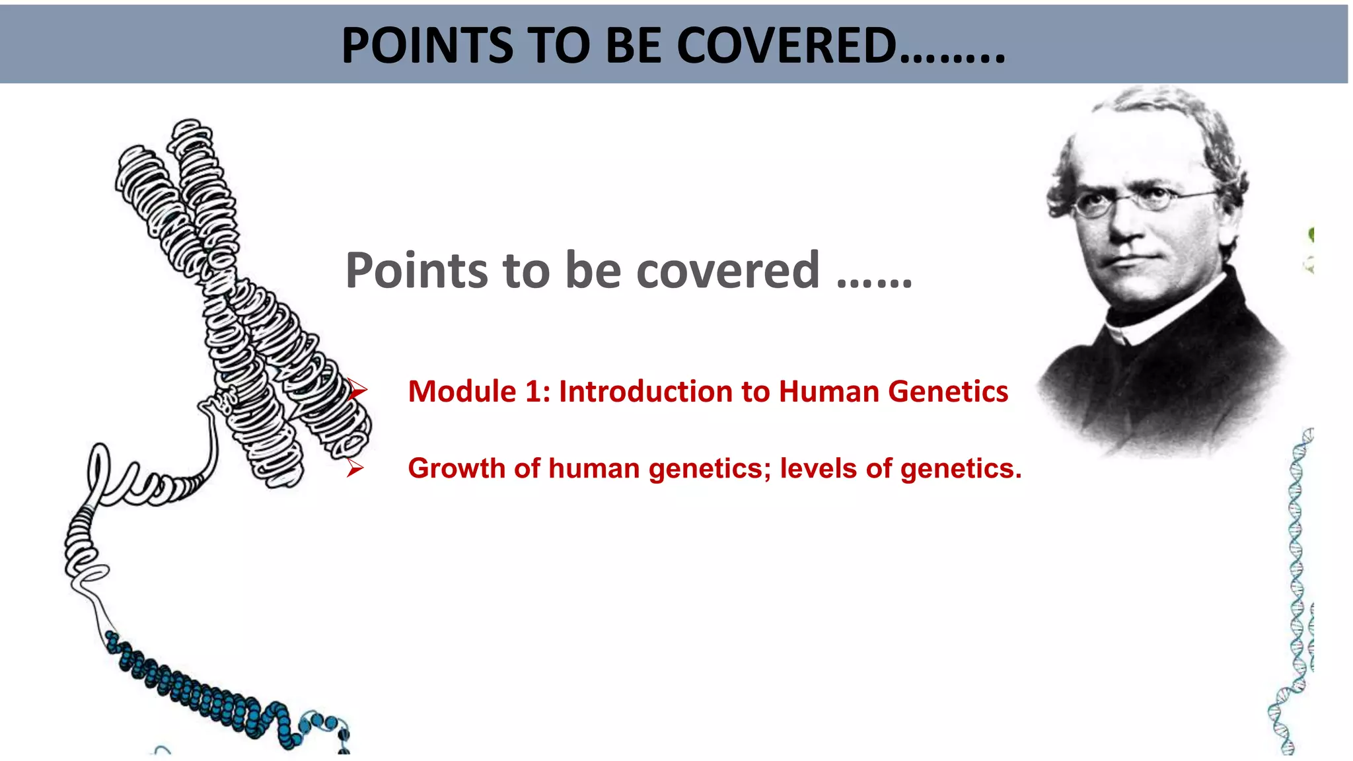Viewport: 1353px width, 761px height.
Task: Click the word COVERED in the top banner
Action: point(786,46)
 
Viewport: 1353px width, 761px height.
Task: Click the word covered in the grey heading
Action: point(727,271)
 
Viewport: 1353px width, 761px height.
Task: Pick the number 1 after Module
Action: point(534,392)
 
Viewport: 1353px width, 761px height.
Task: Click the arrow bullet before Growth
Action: point(355,468)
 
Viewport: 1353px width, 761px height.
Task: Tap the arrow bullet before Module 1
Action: point(357,390)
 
